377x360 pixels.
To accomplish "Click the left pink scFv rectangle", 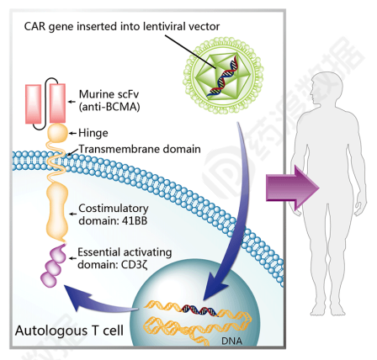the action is [33, 103].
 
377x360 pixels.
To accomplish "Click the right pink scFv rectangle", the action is [58, 103].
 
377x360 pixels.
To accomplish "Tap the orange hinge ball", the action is [57, 133].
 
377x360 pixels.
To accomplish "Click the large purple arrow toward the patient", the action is [293, 188].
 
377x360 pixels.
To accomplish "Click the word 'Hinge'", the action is [93, 133].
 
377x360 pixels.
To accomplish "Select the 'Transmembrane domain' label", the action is [140, 149].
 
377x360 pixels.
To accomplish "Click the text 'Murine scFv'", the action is [109, 94].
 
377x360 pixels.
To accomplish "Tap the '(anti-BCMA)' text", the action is [109, 107].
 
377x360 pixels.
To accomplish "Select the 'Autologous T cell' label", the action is [69, 331].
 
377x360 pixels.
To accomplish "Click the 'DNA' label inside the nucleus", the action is [231, 341].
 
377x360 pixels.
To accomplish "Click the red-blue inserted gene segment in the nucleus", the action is [199, 310].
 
